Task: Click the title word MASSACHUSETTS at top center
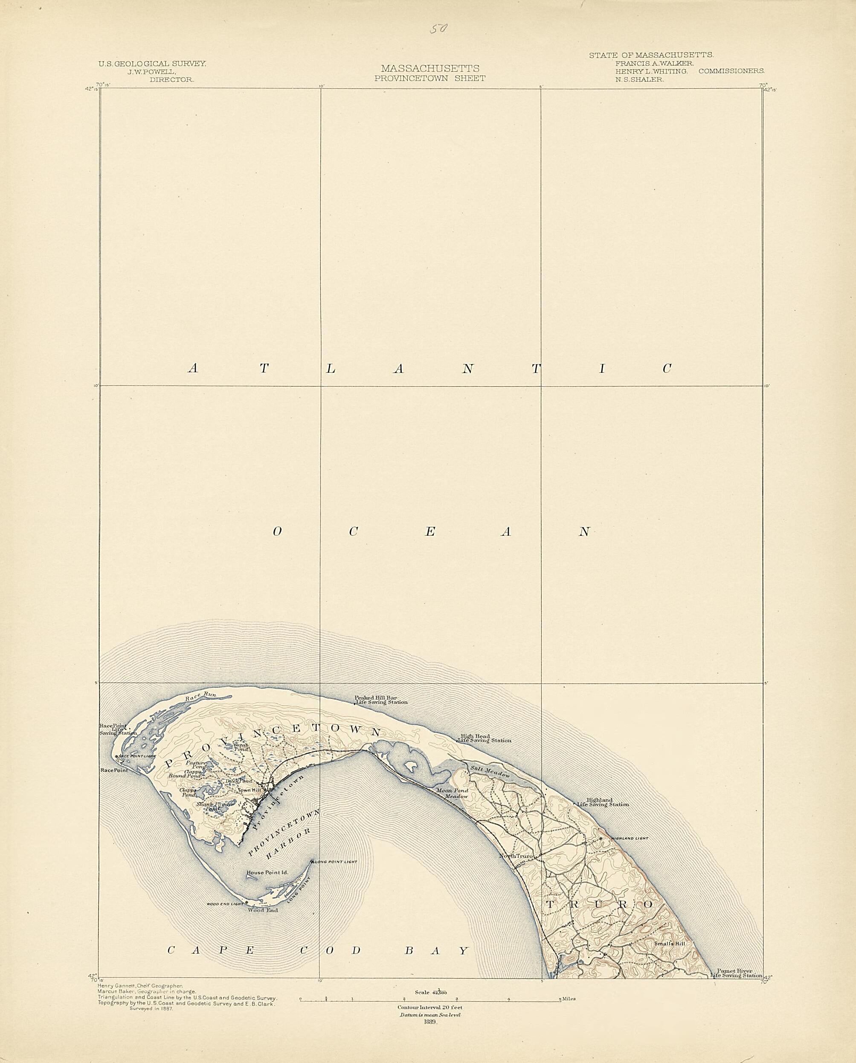coord(429,69)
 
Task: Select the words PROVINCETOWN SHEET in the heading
coord(429,78)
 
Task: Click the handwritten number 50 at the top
coord(438,29)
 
